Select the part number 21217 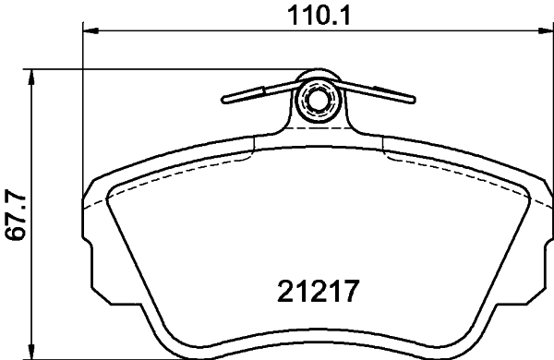317,294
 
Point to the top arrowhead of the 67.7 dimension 34,76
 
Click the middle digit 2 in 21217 317,294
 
